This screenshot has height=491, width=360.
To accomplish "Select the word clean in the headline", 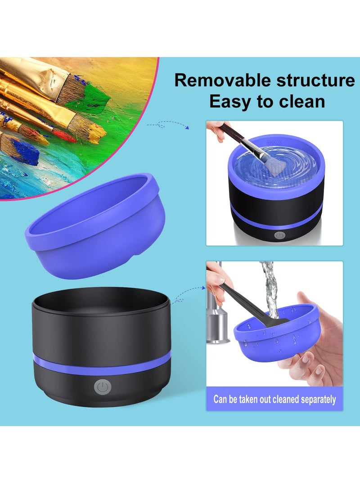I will [x=301, y=101].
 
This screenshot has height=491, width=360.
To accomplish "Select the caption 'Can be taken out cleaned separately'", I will [x=274, y=399].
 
